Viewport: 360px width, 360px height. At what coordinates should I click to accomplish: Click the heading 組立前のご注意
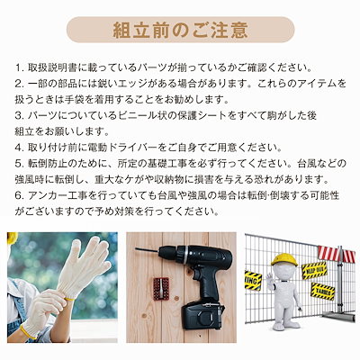click(x=180, y=30)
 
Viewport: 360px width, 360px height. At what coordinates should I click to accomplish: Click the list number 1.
click(x=19, y=67)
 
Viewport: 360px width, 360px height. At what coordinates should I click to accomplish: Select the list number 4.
click(x=19, y=148)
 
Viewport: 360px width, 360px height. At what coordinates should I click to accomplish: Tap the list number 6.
click(x=19, y=196)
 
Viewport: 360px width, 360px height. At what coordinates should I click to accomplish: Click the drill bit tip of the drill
click(x=137, y=248)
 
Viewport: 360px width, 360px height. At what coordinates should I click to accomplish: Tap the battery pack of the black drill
click(x=202, y=315)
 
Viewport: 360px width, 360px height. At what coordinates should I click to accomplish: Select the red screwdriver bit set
click(x=157, y=289)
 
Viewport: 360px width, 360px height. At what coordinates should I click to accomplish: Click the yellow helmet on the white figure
click(x=284, y=260)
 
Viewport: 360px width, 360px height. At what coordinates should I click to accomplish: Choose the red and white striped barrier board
click(x=337, y=255)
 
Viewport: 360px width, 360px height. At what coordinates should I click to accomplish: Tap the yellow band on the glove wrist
click(x=69, y=299)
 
